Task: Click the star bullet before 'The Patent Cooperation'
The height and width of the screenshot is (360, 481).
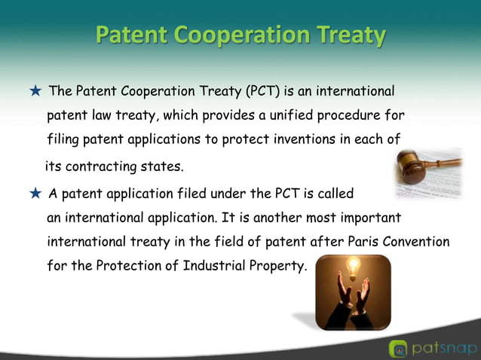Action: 35,92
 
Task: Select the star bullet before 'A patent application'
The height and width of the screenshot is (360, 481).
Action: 35,194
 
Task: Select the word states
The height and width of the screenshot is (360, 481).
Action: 164,166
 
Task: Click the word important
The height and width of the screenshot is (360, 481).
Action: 373,218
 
